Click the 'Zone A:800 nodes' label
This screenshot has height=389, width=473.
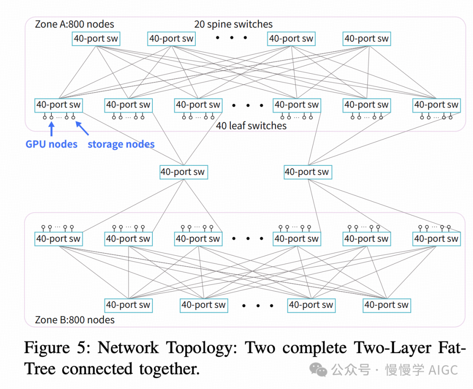(74, 25)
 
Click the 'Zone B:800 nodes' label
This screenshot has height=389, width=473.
(74, 320)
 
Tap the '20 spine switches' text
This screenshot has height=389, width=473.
(233, 25)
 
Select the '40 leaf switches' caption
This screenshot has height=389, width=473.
(251, 126)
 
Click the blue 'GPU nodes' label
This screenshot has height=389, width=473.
(51, 144)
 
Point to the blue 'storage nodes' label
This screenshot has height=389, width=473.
(121, 144)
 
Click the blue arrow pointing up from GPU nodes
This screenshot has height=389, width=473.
(51, 129)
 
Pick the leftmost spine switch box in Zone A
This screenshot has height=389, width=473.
(95, 39)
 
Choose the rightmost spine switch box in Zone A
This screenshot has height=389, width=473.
(366, 39)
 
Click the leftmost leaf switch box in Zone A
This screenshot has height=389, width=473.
(58, 105)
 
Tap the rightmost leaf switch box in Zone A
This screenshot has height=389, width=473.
(436, 105)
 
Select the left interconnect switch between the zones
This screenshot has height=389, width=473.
(183, 172)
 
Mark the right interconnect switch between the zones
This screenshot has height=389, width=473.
(307, 172)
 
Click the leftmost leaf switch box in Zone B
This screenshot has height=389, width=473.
(58, 239)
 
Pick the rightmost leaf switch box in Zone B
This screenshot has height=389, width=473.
(436, 239)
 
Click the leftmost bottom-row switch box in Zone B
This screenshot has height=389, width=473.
(128, 305)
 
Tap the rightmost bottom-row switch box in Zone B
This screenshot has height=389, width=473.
(386, 305)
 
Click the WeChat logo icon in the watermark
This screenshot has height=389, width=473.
(318, 370)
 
